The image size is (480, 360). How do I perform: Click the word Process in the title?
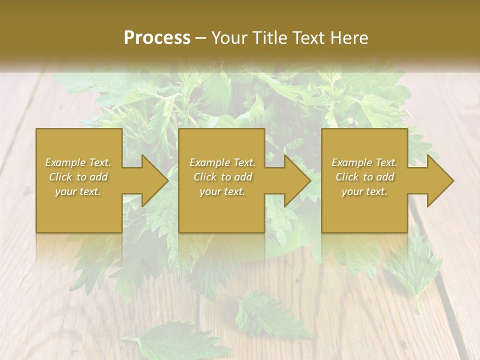tap(157, 38)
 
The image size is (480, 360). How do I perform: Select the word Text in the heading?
tap(310, 38)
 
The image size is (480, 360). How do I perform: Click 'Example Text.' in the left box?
tap(78, 162)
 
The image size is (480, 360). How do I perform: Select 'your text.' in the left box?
tap(78, 191)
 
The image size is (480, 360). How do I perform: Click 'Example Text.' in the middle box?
tap(222, 162)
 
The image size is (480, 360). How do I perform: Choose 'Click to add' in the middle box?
tap(222, 177)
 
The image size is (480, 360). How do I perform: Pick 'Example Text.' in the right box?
tap(364, 162)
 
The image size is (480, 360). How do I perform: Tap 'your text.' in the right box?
tap(364, 191)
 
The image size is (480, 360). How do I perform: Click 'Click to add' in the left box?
tap(78, 177)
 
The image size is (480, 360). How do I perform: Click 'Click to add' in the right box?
tap(364, 177)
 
